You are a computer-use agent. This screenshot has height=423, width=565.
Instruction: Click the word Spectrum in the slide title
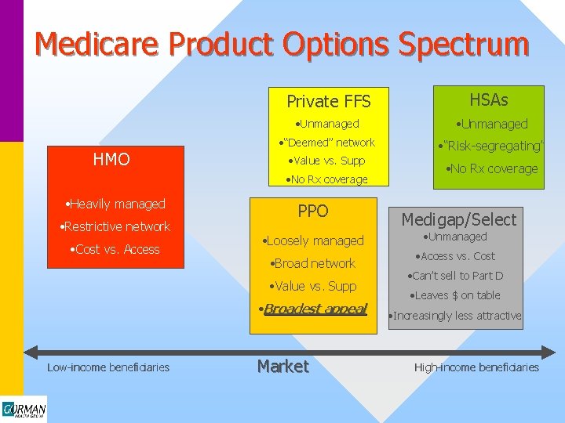tap(463, 44)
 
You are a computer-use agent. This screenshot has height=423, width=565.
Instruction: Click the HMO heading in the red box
tap(111, 160)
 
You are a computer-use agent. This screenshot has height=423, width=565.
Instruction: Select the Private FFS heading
tap(328, 101)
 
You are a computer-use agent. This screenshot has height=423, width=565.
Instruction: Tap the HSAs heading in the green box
tap(488, 99)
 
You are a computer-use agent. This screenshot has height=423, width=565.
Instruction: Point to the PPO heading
tap(313, 211)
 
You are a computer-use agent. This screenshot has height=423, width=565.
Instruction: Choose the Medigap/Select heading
tap(459, 219)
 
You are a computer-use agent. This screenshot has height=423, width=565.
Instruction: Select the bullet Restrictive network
tap(115, 226)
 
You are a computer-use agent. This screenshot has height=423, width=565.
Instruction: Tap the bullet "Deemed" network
tap(327, 143)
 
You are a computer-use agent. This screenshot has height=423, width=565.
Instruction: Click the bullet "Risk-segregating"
tap(490, 146)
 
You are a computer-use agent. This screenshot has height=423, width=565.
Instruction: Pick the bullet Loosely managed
tap(314, 240)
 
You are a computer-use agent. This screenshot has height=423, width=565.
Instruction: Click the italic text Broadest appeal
tap(314, 309)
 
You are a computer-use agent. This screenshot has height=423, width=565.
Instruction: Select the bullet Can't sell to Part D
tap(455, 276)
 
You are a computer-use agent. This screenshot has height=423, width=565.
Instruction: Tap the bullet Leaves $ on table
tap(456, 295)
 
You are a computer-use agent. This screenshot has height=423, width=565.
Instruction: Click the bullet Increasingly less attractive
tap(456, 316)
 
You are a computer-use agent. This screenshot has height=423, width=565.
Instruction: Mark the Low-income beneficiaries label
tap(108, 367)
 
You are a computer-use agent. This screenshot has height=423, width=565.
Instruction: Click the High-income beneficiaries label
tap(476, 367)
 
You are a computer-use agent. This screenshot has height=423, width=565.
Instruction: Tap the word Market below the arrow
tap(282, 367)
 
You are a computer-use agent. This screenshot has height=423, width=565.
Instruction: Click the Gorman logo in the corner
tap(24, 409)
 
